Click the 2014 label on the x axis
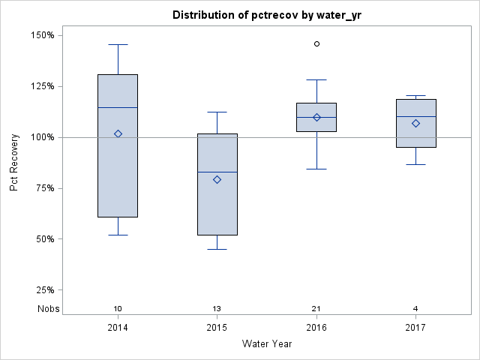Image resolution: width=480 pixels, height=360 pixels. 118,328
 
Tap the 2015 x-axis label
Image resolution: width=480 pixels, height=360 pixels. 217,328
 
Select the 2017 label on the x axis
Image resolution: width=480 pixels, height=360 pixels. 416,328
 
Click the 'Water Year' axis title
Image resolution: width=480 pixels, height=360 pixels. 267,344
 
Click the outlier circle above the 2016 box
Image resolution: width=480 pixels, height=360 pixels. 316,44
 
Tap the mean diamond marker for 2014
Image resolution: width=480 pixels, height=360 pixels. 118,133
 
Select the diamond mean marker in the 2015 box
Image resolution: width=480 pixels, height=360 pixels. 217,179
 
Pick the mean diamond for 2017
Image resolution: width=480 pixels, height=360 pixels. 416,123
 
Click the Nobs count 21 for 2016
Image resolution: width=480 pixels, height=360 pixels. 316,309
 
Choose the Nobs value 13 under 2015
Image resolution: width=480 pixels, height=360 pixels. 217,309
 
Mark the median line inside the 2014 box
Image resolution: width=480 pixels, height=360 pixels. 118,108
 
